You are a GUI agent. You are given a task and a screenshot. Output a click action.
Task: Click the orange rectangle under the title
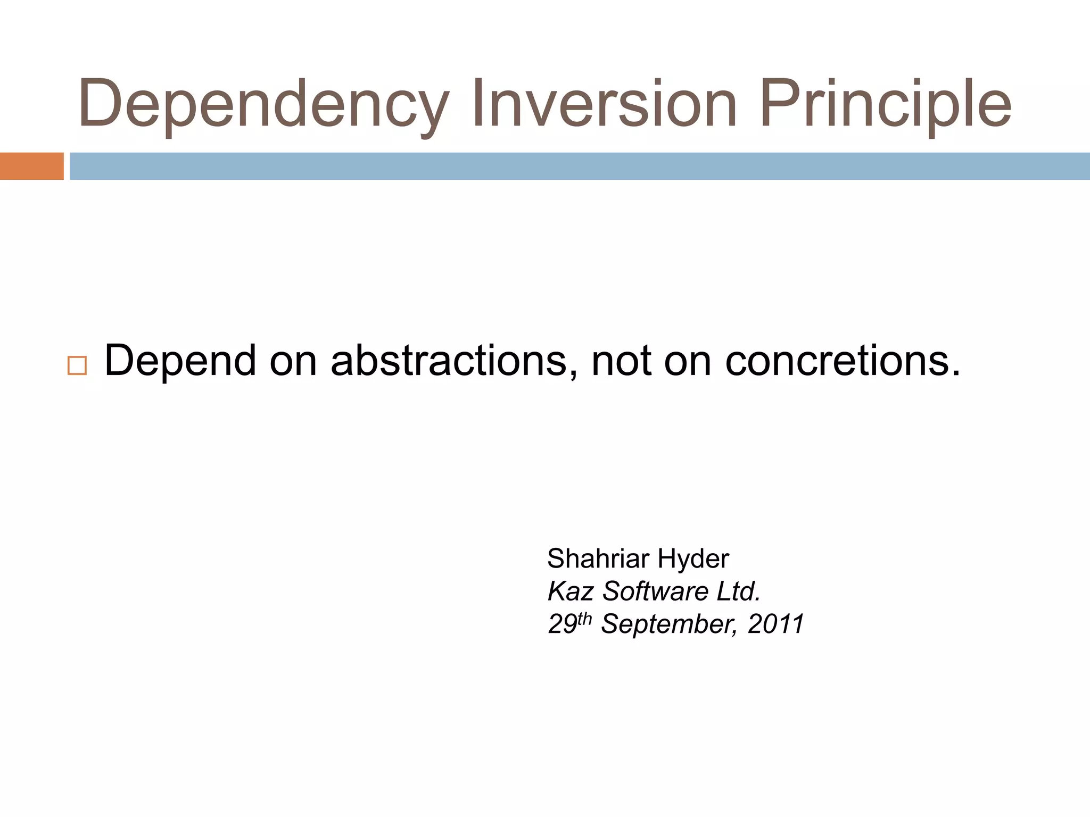[31, 166]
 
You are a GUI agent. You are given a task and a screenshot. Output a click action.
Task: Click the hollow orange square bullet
[77, 366]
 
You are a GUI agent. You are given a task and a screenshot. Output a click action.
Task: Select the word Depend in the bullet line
[180, 361]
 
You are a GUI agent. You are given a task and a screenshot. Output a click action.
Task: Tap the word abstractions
[449, 361]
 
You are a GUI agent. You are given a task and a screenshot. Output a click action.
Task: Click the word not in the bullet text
[621, 361]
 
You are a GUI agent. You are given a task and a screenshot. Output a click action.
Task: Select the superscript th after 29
[584, 619]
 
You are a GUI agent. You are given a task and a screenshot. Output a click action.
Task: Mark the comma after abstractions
[573, 375]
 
